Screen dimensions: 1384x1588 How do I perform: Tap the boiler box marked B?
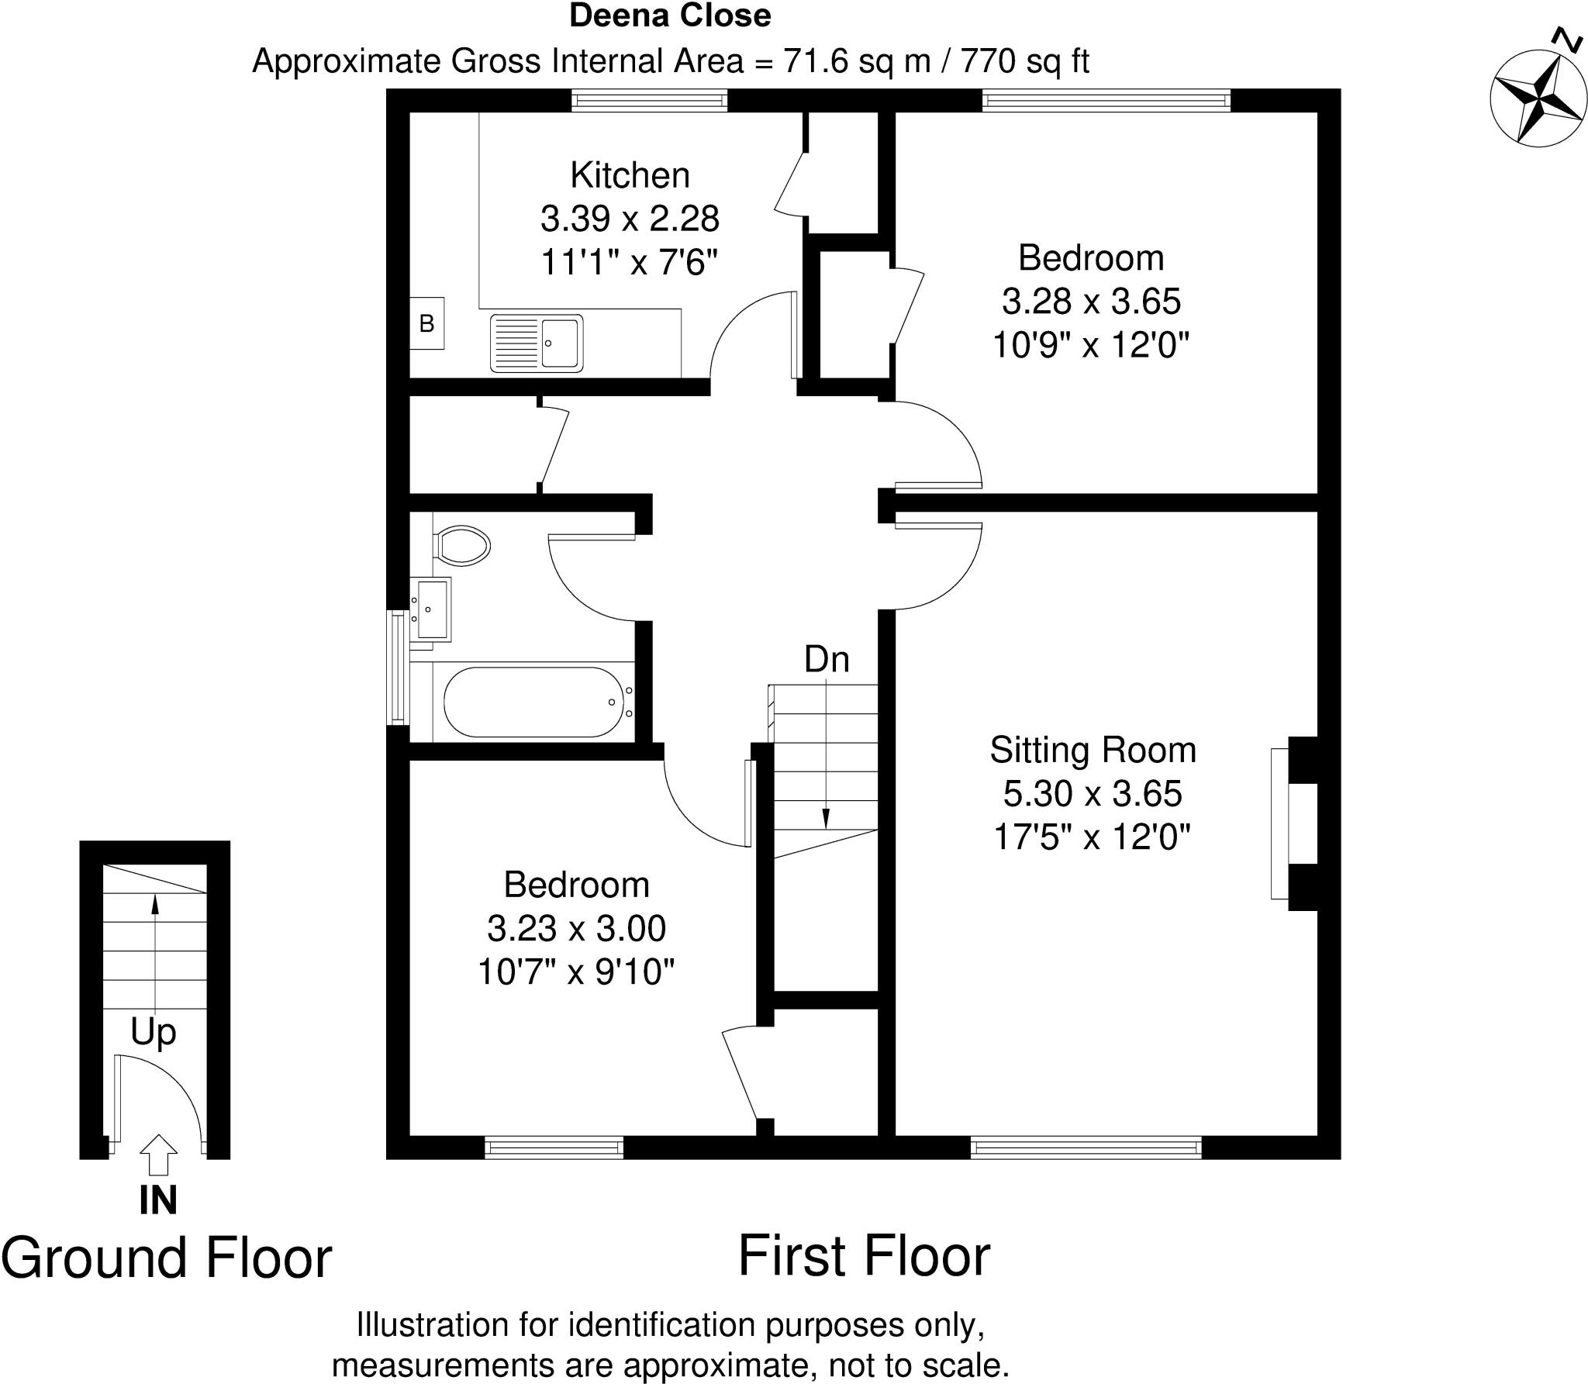click(x=426, y=323)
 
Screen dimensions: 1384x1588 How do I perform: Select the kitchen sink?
click(x=536, y=343)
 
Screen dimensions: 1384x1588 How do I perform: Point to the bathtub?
click(x=538, y=702)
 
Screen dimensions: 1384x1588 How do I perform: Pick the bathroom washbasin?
click(x=430, y=609)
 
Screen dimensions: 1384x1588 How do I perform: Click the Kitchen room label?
click(x=630, y=175)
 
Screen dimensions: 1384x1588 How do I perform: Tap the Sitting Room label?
click(x=1093, y=750)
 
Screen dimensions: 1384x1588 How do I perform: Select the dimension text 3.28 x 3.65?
click(x=1091, y=301)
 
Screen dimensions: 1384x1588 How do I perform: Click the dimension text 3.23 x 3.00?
click(x=576, y=928)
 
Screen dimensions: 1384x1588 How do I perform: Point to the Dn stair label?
click(x=827, y=660)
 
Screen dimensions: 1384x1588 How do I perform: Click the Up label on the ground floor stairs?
click(x=154, y=1031)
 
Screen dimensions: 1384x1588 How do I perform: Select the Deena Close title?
click(x=670, y=16)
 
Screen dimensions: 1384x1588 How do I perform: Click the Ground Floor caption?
click(x=167, y=1258)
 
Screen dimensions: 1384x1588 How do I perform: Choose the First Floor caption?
click(x=864, y=1256)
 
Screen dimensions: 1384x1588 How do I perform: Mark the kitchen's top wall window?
click(x=649, y=100)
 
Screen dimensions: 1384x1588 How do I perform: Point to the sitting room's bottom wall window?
click(x=1086, y=1148)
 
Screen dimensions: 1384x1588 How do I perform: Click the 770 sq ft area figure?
click(x=1025, y=60)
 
